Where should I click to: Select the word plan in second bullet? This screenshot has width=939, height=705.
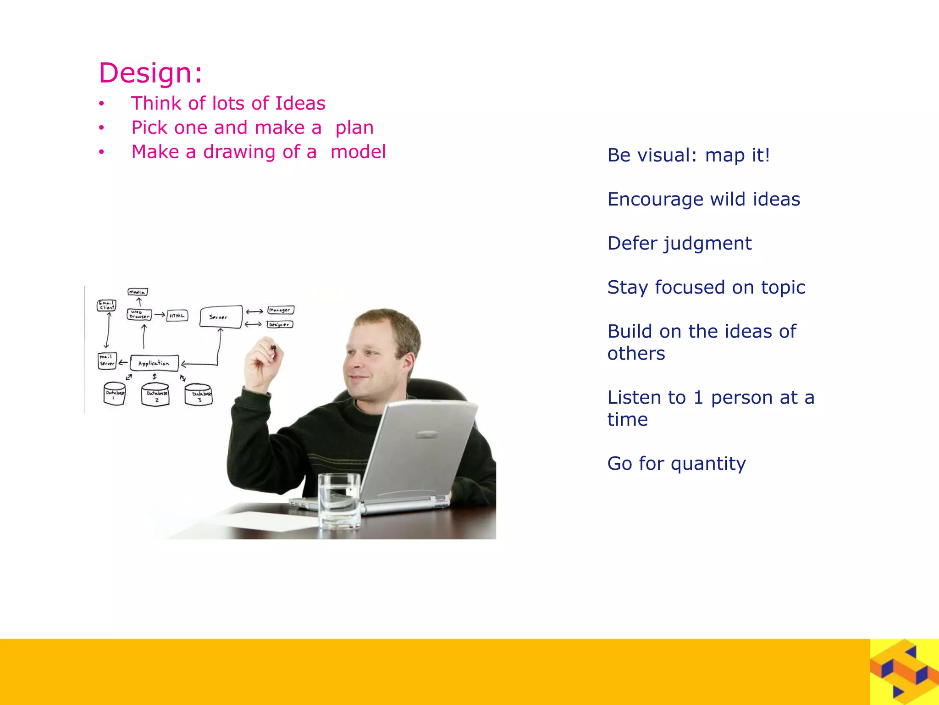[x=354, y=128]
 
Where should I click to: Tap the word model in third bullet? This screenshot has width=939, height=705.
[x=358, y=152]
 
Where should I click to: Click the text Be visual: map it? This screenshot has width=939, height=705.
[x=688, y=155]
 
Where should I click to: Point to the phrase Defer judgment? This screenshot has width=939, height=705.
[x=679, y=244]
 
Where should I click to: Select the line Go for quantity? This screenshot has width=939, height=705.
[x=676, y=464]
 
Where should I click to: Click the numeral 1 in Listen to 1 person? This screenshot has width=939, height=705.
[x=698, y=398]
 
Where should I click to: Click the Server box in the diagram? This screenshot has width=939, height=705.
[x=221, y=317]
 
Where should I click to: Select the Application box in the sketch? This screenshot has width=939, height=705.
[x=154, y=363]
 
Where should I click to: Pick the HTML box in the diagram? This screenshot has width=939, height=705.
[x=177, y=316]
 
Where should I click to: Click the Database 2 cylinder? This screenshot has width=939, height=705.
[x=155, y=395]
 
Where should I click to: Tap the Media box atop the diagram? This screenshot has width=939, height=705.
[x=138, y=292]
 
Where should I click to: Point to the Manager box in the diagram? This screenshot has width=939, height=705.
[x=280, y=310]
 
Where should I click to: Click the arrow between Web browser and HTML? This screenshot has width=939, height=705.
[x=159, y=315]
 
